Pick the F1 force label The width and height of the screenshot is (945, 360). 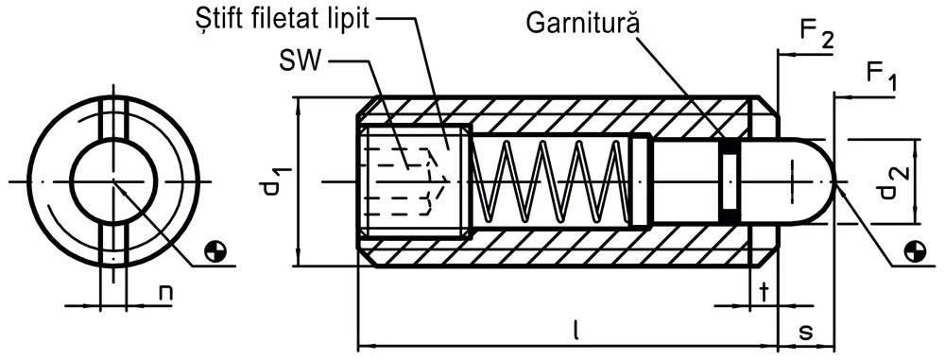pyautogui.click(x=881, y=76)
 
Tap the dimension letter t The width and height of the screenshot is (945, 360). pyautogui.click(x=765, y=292)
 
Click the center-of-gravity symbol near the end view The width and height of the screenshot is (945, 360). pyautogui.click(x=215, y=250)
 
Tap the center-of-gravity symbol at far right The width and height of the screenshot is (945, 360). pyautogui.click(x=915, y=250)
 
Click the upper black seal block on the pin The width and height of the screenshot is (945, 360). pyautogui.click(x=730, y=146)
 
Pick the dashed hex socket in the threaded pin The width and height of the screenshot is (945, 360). pyautogui.click(x=402, y=180)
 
